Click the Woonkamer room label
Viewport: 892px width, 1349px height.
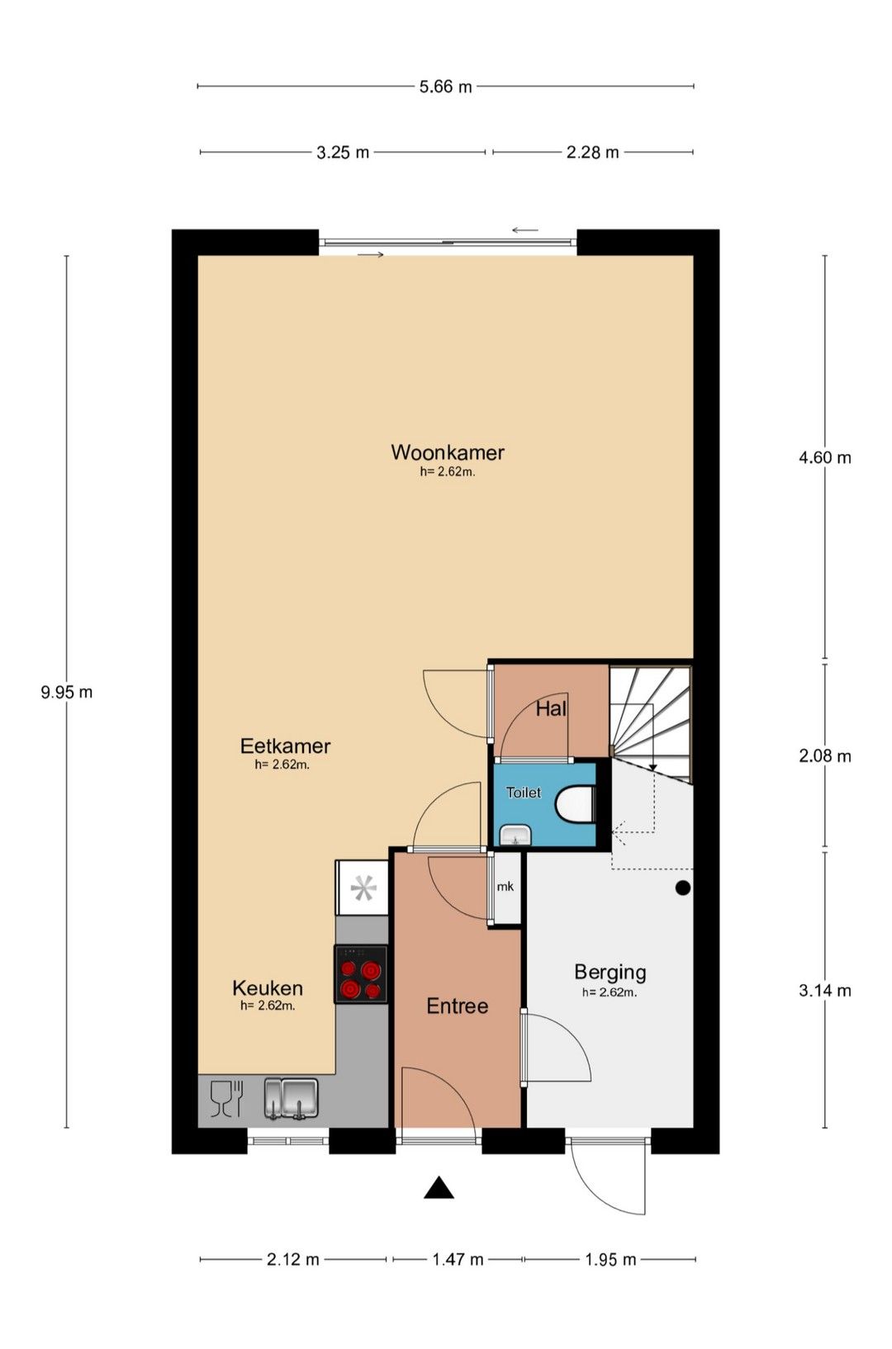[x=448, y=452]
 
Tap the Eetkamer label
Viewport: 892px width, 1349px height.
[x=286, y=746]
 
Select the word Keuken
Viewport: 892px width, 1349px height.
[x=268, y=988]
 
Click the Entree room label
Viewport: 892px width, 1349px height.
[x=457, y=1006]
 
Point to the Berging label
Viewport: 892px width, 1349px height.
[x=610, y=972]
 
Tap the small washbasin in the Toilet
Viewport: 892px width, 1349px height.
[x=515, y=835]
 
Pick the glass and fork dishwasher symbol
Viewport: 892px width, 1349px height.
[x=226, y=1098]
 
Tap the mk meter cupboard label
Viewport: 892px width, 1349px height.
[x=505, y=887]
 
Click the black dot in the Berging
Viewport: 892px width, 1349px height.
[x=682, y=887]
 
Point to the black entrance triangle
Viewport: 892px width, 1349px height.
[x=439, y=1188]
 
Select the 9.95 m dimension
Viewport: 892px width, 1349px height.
[x=67, y=693]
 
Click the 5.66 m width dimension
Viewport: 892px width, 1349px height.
[x=446, y=87]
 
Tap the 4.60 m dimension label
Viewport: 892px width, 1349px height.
[x=825, y=457]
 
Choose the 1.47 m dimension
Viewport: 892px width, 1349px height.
[x=458, y=1259]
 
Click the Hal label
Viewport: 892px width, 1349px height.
[x=551, y=709]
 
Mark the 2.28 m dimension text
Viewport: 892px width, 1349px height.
[x=593, y=153]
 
